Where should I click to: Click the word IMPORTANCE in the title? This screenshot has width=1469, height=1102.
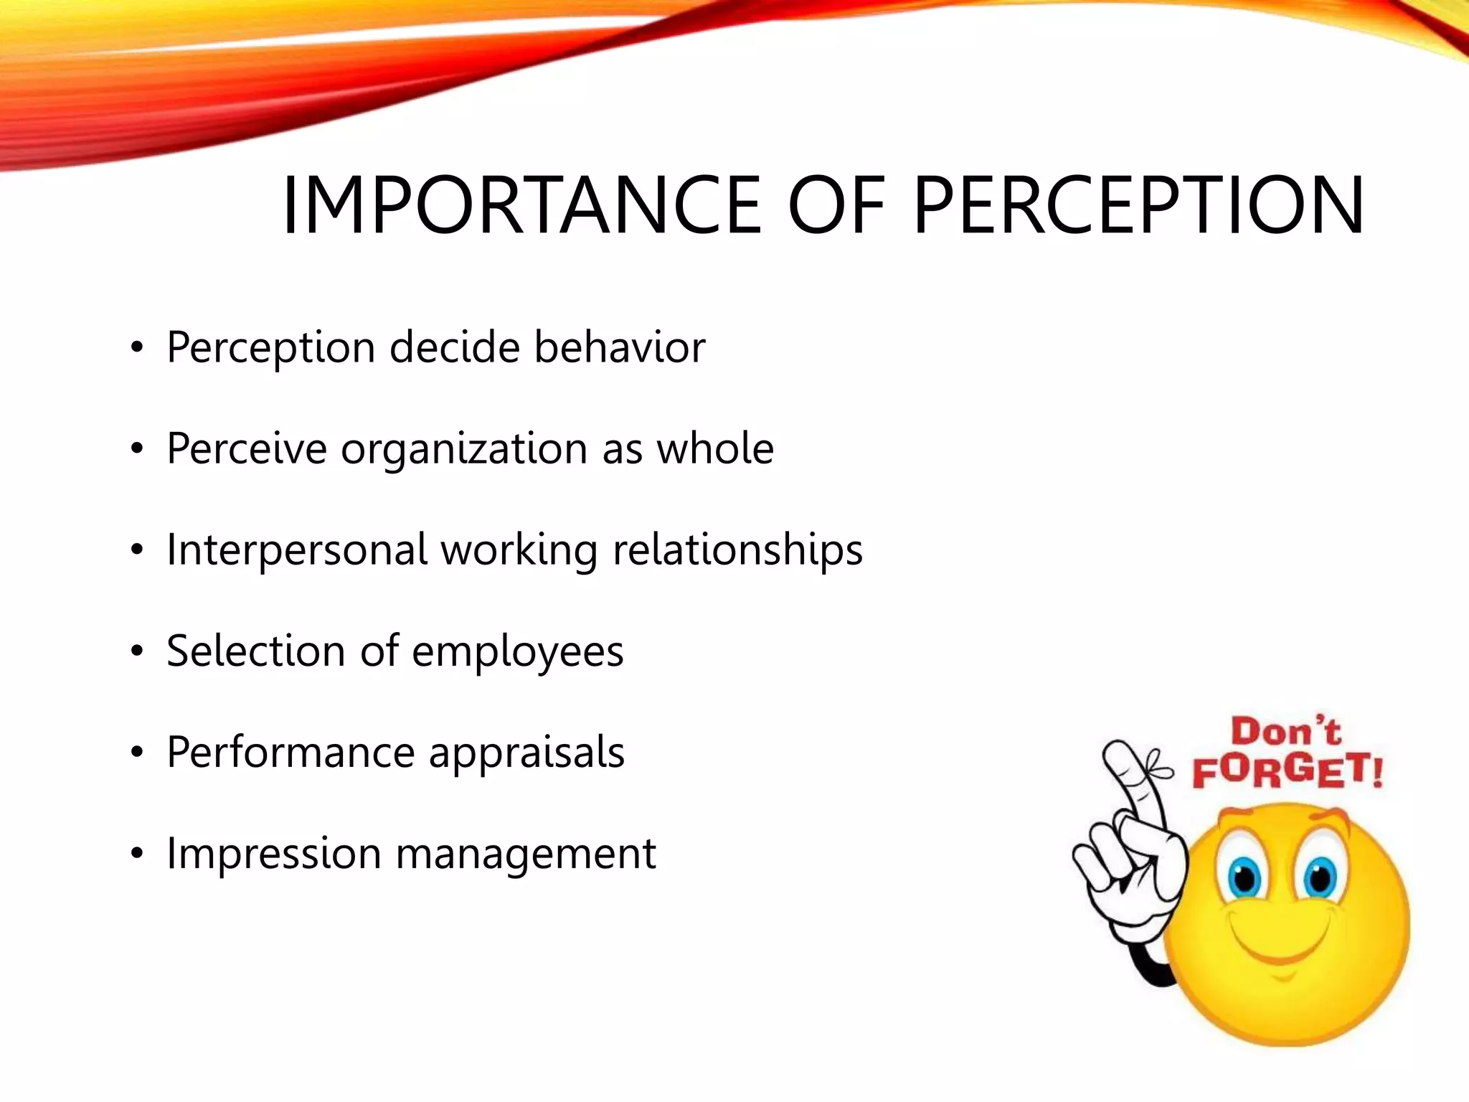521,206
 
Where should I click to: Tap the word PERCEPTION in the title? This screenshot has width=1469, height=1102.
1138,206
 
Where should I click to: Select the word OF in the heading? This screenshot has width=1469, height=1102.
836,206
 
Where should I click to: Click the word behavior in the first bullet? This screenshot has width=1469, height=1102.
620,347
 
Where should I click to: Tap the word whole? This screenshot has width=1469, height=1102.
715,448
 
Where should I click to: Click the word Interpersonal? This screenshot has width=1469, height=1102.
297,551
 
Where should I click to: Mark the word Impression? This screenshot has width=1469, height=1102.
273,854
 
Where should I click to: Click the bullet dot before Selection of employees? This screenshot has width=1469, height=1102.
137,652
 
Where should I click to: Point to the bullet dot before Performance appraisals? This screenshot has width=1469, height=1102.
137,753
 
